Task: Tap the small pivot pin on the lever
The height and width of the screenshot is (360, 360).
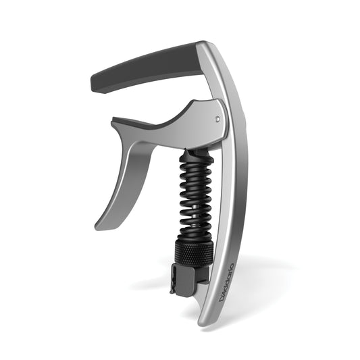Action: pos(217,118)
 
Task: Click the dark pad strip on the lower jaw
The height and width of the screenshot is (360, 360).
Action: pos(145,122)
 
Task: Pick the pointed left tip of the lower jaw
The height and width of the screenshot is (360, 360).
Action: pos(113,122)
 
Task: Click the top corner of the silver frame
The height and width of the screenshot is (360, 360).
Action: pos(201,44)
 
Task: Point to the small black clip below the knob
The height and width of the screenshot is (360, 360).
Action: pos(182,279)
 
